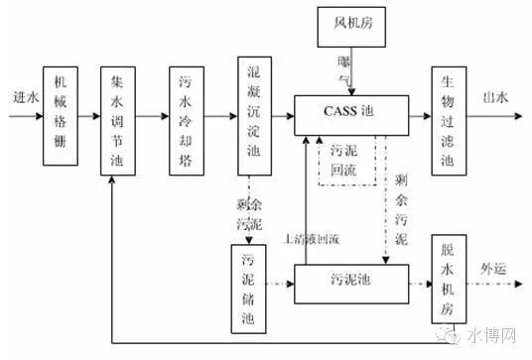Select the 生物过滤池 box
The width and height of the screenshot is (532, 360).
(447, 116)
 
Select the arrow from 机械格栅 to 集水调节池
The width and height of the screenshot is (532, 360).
(87, 117)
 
